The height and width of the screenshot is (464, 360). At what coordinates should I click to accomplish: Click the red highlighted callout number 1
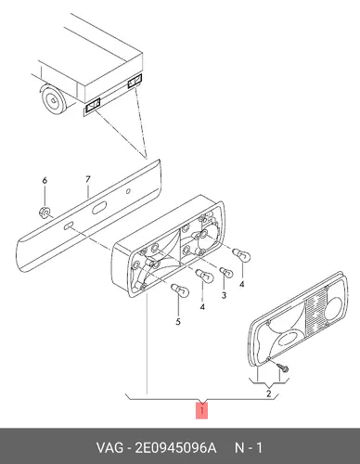coord(201,411)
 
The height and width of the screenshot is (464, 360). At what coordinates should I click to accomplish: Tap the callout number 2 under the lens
coord(268,393)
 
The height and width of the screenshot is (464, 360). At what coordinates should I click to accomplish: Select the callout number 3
coord(224,295)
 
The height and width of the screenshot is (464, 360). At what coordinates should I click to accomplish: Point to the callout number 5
coord(178,322)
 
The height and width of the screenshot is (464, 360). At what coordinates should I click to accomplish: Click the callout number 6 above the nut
coord(45,180)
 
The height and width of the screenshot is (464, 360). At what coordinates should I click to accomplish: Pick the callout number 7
coord(88,179)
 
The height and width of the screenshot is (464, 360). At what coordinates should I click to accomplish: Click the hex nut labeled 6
coord(45,213)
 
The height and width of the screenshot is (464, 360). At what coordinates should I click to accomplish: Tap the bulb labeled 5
coord(180,290)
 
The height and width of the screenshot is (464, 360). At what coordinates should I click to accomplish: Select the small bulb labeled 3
coord(226,273)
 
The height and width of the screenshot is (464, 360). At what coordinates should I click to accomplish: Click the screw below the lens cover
coord(283,367)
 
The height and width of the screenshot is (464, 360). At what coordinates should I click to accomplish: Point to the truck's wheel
coord(53,99)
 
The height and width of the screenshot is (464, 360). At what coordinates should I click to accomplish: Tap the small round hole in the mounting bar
coord(128,191)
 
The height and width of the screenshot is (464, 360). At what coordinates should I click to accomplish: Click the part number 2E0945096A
coord(175,447)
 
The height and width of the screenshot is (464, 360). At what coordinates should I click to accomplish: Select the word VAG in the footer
coord(109,447)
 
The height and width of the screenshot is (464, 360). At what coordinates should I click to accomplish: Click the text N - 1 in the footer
coord(249,447)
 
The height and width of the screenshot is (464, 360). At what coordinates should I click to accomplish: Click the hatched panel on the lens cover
coord(315,314)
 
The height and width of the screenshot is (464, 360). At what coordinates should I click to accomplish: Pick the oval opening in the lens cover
coord(289,338)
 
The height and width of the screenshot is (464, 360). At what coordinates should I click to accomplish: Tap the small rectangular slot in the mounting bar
coord(68,226)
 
